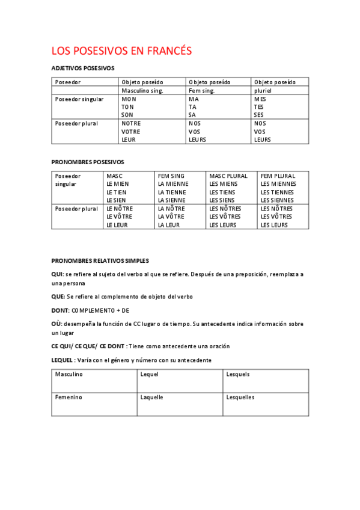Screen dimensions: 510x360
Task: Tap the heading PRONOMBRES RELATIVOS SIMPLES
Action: point(100,261)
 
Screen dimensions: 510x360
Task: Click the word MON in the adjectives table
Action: point(129,99)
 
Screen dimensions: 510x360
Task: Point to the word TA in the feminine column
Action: point(192,107)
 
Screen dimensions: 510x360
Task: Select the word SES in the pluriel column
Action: point(259,115)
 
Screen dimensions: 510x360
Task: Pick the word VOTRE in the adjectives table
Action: point(131,132)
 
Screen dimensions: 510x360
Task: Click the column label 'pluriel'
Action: point(263,90)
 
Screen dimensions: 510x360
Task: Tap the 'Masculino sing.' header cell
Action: point(142,90)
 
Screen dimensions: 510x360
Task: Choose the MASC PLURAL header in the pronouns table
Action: point(228,176)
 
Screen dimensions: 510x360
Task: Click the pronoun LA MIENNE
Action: point(173,184)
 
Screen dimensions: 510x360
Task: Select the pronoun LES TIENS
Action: point(223,192)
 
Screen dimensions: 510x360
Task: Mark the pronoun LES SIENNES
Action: point(277,200)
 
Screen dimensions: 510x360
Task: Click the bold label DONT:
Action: point(61,310)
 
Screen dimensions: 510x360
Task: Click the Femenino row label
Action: point(69,398)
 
